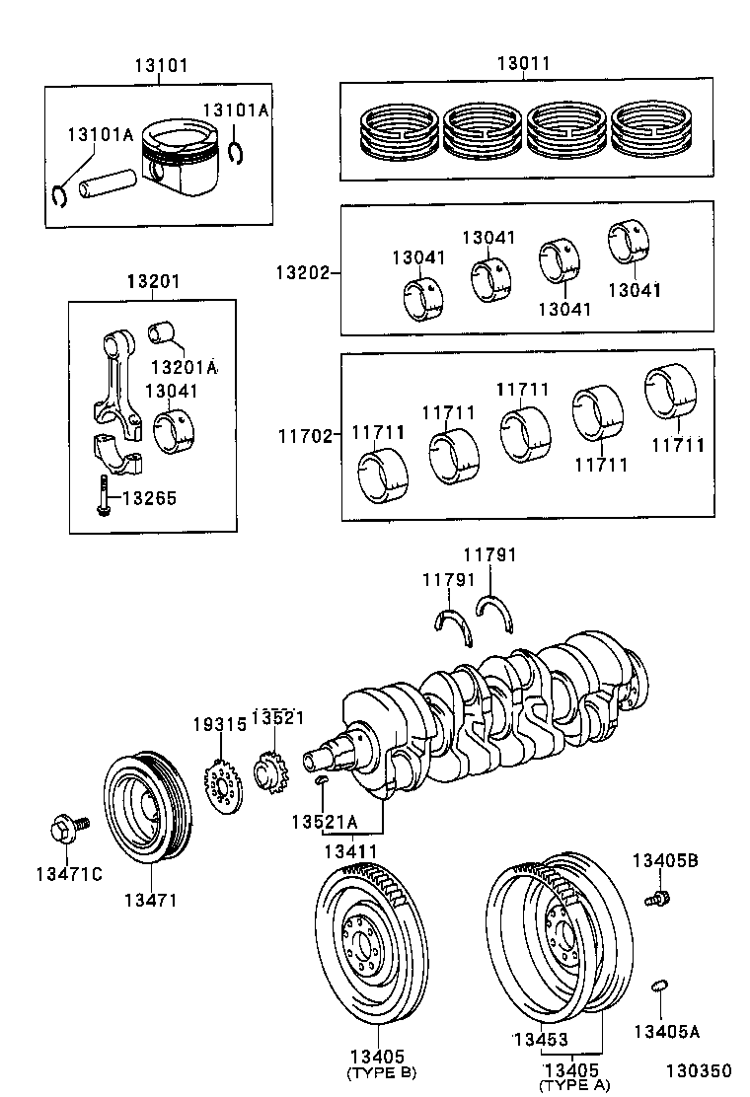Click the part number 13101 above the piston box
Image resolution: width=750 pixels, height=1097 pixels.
point(161,66)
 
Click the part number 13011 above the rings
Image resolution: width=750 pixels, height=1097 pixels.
point(523,64)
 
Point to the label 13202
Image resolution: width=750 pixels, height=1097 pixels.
point(301,270)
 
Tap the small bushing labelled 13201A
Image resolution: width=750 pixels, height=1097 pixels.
point(161,331)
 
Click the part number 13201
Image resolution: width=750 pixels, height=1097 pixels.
point(153,282)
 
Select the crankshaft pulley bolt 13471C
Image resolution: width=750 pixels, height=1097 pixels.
point(65,828)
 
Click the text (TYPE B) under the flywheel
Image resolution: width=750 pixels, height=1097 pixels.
point(380,1073)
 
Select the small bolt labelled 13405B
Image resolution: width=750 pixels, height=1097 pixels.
point(656,898)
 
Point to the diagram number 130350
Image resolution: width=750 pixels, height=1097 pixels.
point(698,1070)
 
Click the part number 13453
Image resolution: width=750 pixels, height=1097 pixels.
point(539,1039)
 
